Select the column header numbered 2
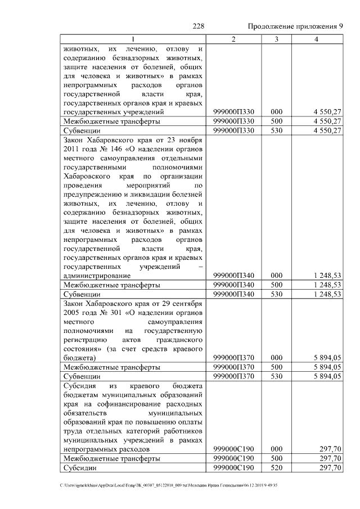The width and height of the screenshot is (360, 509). tap(233, 39)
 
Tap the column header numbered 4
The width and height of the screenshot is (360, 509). tap(317, 39)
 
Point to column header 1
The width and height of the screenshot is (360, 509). tap(133, 39)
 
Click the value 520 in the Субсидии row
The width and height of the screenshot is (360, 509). tap(276, 468)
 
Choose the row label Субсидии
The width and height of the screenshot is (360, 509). tap(80, 468)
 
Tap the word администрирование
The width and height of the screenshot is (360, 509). tap(97, 276)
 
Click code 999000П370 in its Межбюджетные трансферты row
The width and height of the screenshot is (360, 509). tap(234, 367)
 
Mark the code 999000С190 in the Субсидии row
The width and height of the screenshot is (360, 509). tap(234, 468)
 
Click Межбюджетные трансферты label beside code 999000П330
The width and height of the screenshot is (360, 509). tap(111, 121)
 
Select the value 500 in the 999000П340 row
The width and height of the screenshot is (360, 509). tap(276, 285)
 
